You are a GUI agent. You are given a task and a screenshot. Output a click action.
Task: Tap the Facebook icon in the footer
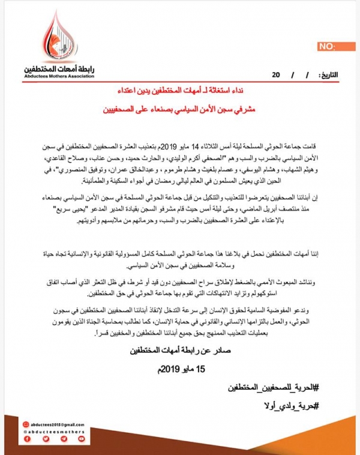coord(27,439)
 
